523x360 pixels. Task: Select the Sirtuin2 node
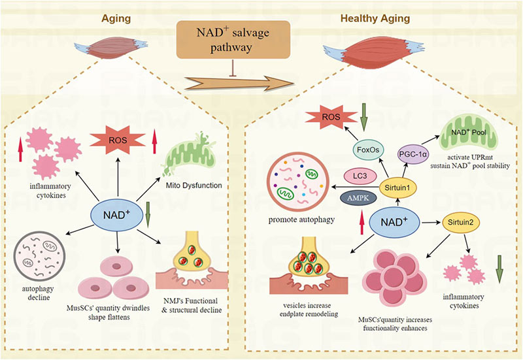point(460,222)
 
